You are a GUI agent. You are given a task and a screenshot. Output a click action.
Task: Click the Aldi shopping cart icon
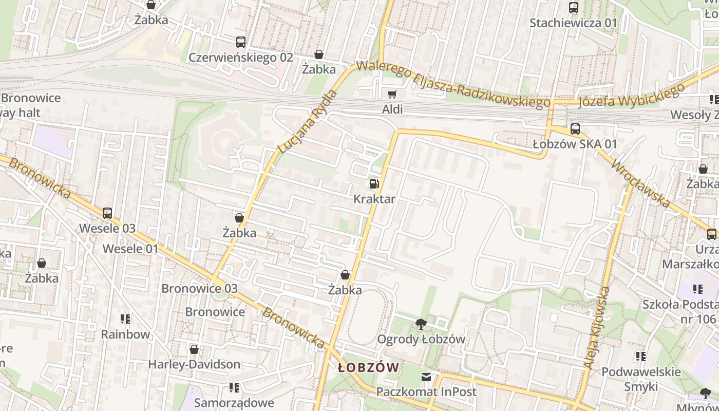[x=392, y=94]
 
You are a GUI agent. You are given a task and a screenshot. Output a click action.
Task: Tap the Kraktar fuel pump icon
[x=374, y=184]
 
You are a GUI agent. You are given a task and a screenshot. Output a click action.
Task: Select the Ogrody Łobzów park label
[x=421, y=339]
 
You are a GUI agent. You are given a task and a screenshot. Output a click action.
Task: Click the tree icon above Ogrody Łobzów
[x=421, y=324]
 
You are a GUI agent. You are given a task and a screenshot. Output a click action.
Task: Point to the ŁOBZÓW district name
[x=368, y=367]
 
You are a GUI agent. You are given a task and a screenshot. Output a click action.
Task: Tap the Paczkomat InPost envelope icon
[x=426, y=378]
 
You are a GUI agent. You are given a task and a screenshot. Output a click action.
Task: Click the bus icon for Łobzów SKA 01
[x=575, y=129]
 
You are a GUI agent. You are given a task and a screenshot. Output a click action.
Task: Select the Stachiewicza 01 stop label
[x=573, y=23]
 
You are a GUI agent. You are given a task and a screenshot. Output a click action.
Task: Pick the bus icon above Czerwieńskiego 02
[x=240, y=42]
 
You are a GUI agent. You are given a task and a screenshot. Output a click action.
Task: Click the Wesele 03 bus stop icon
[x=107, y=213]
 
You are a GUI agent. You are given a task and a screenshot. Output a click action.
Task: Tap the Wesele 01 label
[x=130, y=249]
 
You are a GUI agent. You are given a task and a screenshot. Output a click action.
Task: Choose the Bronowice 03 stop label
[x=199, y=288]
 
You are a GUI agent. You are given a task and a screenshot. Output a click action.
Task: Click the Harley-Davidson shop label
[x=194, y=364]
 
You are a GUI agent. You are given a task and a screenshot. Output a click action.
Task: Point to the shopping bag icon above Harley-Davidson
[x=194, y=349]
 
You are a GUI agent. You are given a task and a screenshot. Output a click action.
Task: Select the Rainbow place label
[x=125, y=334]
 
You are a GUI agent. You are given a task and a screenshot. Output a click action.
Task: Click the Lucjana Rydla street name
[x=307, y=122]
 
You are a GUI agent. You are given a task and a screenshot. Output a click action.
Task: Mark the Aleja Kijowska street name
[x=597, y=327]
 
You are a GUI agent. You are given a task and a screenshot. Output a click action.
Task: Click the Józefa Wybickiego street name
[x=631, y=97]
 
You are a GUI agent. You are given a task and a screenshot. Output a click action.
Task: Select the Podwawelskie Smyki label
[x=641, y=379]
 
